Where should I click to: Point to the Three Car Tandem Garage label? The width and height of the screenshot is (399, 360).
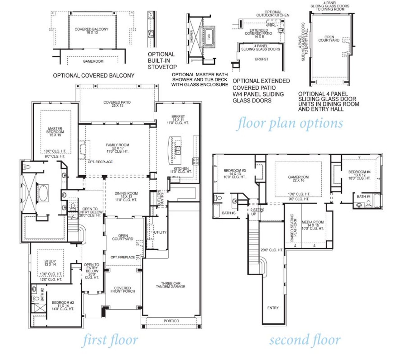coord(171,285)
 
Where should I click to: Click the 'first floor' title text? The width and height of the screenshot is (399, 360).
coord(110,340)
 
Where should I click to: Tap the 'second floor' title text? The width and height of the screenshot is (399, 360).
coord(305,340)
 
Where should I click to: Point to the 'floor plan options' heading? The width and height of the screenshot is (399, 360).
coord(290,123)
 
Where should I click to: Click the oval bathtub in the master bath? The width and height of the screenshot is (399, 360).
coord(43,193)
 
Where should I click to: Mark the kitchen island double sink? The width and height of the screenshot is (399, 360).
coord(178,151)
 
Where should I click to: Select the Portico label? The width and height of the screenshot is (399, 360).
coord(171,321)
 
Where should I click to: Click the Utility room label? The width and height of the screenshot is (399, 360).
coord(160,232)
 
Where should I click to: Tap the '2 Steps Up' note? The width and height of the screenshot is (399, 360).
coord(257,212)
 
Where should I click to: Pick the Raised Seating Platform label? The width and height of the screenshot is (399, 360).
coord(294,228)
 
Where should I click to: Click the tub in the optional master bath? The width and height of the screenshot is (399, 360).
coord(209,36)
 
